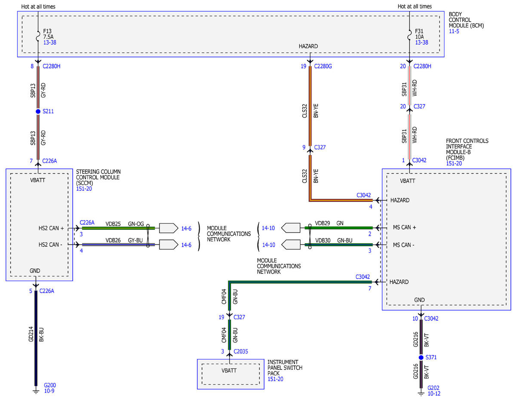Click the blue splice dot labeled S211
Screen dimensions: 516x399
pyautogui.click(x=38, y=111)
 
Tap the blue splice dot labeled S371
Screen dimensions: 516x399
pyautogui.click(x=421, y=357)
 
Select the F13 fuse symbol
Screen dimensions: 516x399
pyautogui.click(x=38, y=36)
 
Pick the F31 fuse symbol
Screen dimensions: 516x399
pyautogui.click(x=409, y=35)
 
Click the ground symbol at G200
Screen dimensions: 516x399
pyautogui.click(x=36, y=391)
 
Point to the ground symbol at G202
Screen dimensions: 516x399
pyautogui.click(x=421, y=393)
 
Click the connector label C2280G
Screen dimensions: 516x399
pyautogui.click(x=322, y=66)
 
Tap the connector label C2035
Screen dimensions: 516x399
pyautogui.click(x=240, y=352)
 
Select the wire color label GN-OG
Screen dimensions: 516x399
pyautogui.click(x=136, y=224)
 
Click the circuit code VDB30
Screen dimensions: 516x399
pyautogui.click(x=322, y=241)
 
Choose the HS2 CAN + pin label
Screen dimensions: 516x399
pyautogui.click(x=51, y=229)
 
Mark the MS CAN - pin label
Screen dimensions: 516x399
pyautogui.click(x=403, y=245)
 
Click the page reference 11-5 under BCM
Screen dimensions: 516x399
pyautogui.click(x=454, y=31)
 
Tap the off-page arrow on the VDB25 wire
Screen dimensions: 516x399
pyautogui.click(x=169, y=228)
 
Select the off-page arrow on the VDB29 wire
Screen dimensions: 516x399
pyautogui.click(x=291, y=228)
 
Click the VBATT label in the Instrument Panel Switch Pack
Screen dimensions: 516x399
pyautogui.click(x=229, y=371)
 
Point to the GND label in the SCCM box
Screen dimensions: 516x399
pyautogui.click(x=35, y=271)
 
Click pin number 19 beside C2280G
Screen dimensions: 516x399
pyautogui.click(x=304, y=66)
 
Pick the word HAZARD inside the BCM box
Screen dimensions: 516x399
pyautogui.click(x=308, y=46)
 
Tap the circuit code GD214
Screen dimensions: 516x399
pyautogui.click(x=31, y=334)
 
